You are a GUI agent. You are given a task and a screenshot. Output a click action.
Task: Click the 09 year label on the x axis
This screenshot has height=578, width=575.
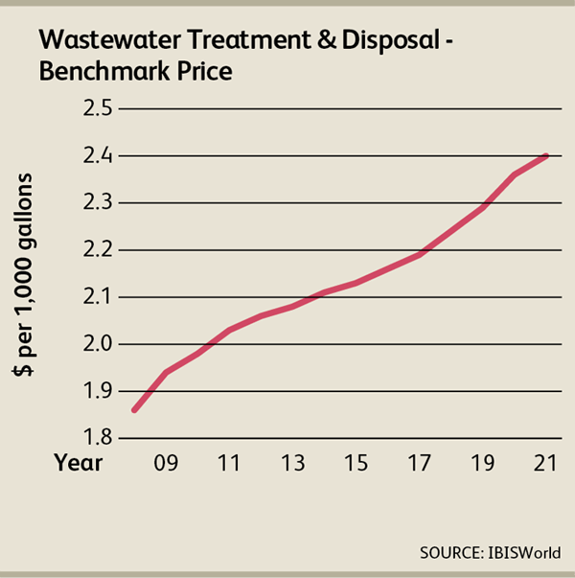click(166, 462)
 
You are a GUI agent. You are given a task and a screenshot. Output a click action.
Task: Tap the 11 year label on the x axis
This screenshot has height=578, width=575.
click(228, 462)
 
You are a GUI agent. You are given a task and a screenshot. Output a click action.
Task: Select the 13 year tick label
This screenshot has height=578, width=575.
click(292, 462)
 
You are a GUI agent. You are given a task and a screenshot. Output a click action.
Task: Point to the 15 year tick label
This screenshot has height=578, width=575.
click(356, 462)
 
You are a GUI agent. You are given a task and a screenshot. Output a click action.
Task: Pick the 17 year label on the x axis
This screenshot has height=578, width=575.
click(420, 462)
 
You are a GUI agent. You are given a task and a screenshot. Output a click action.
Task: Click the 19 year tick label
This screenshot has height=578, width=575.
click(483, 462)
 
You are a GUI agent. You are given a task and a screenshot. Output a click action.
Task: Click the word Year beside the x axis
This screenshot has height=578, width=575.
click(78, 462)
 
